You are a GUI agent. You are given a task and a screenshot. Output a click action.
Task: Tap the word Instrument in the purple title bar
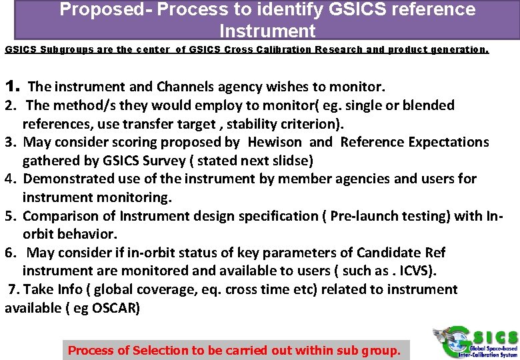pyautogui.click(x=267, y=31)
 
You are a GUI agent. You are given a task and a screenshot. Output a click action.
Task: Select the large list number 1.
pyautogui.click(x=11, y=86)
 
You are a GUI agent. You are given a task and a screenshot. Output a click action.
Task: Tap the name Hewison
pyautogui.click(x=275, y=142)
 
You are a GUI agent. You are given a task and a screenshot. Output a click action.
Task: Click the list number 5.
pyautogui.click(x=11, y=216)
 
